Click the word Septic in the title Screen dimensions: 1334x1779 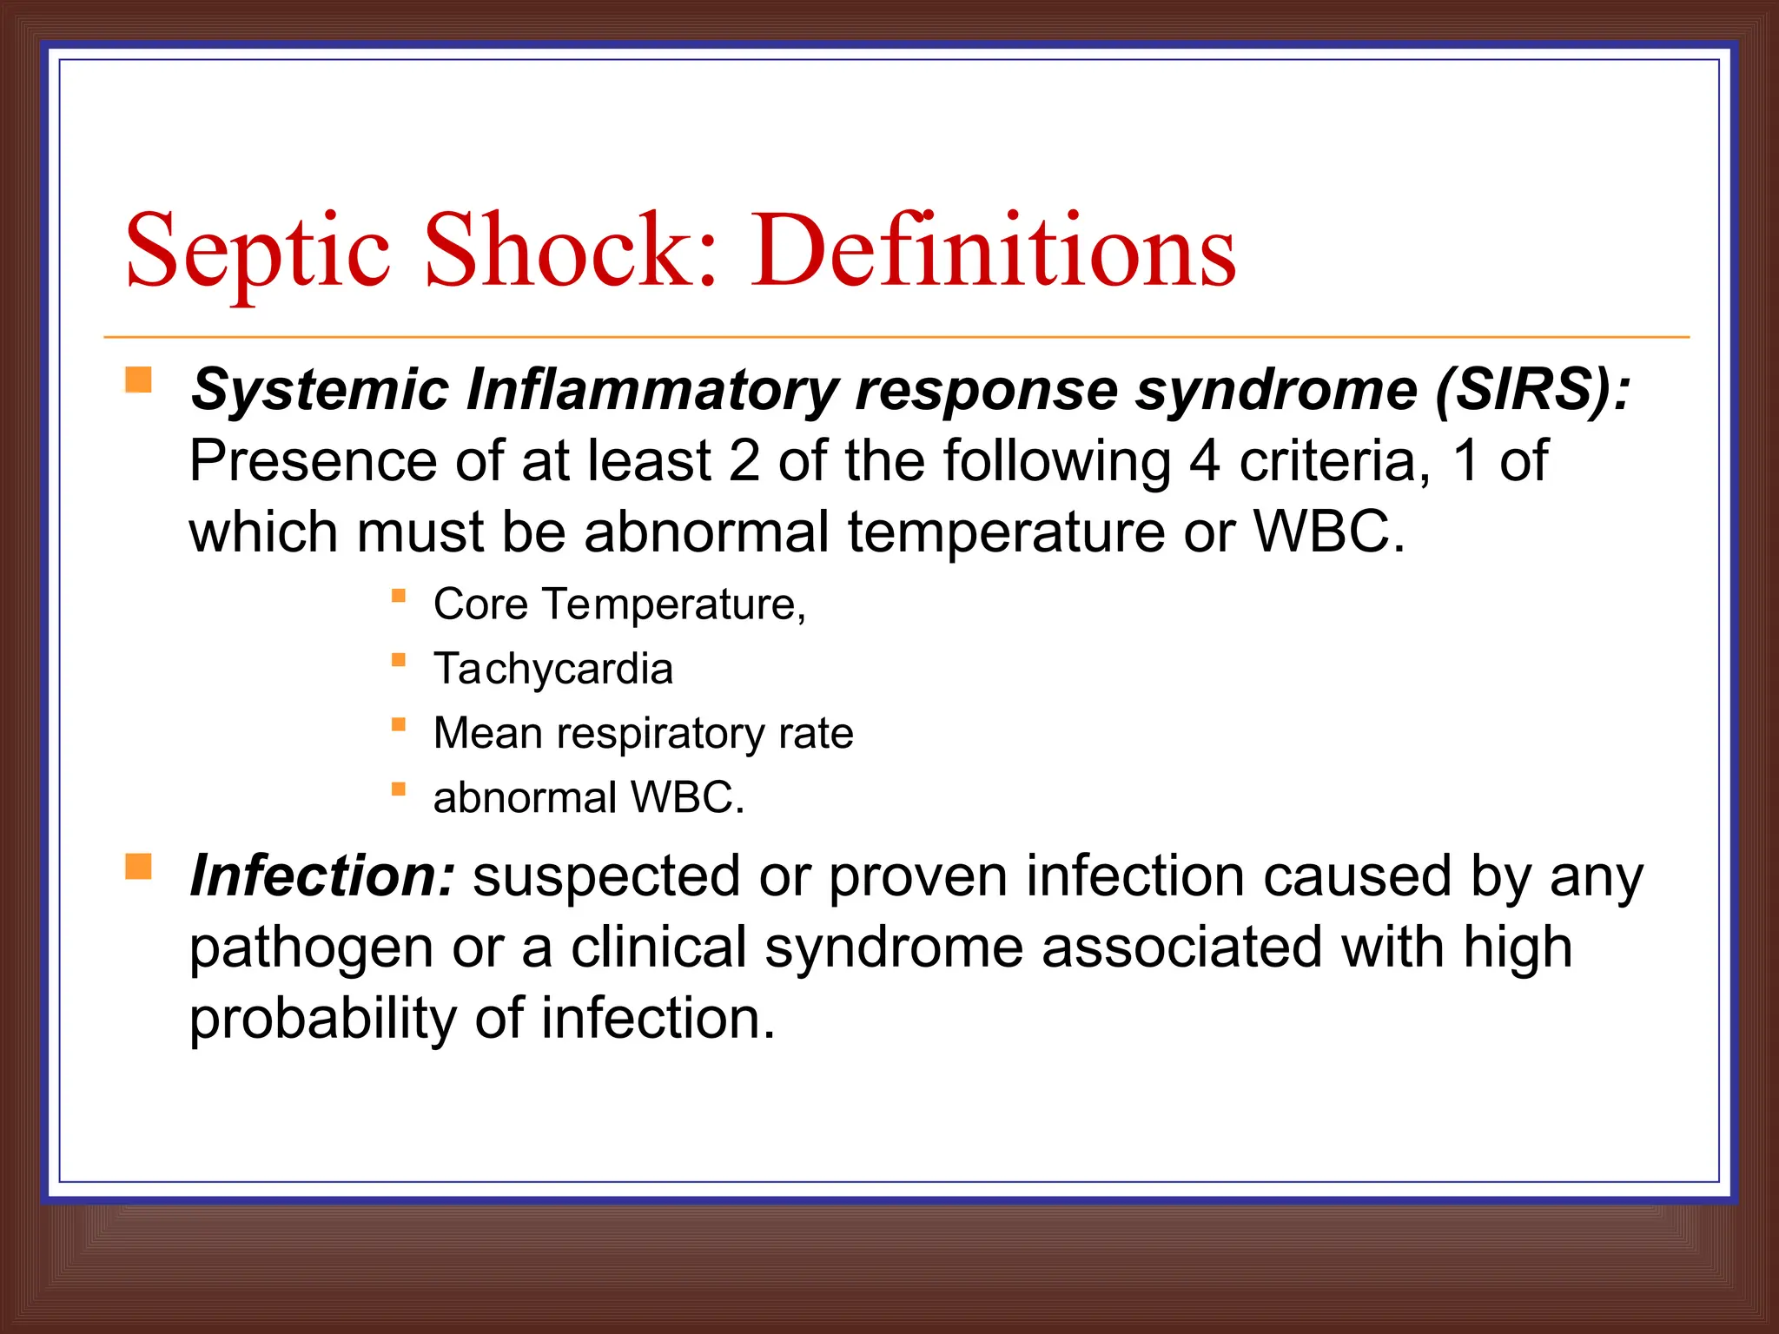[x=257, y=252]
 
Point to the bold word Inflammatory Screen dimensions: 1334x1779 [x=651, y=391]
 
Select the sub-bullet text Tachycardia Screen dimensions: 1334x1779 [x=553, y=669]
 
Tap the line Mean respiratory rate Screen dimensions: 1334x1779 [x=643, y=733]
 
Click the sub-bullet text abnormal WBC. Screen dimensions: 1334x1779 [x=589, y=797]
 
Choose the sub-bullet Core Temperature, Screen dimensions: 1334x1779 [x=619, y=604]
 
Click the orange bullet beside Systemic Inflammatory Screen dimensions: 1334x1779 [x=138, y=380]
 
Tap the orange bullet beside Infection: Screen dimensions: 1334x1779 [x=138, y=867]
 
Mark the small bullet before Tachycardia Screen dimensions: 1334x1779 [x=399, y=660]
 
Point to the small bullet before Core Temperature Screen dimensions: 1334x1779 [x=399, y=596]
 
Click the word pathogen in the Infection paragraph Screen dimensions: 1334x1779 [x=310, y=948]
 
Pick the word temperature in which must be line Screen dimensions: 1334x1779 [x=1006, y=532]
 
